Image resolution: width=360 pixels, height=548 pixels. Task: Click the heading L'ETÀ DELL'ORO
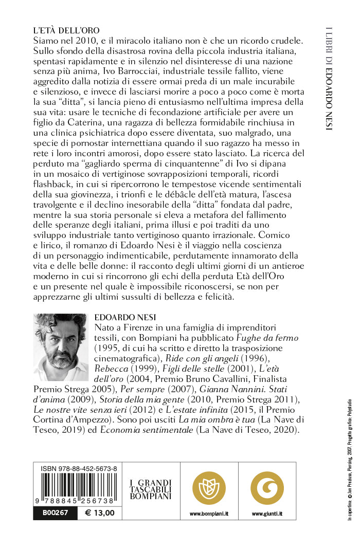tap(66, 30)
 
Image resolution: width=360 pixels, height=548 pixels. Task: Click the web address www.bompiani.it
tap(209, 514)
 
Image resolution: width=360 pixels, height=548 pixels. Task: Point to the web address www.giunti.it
tap(267, 514)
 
